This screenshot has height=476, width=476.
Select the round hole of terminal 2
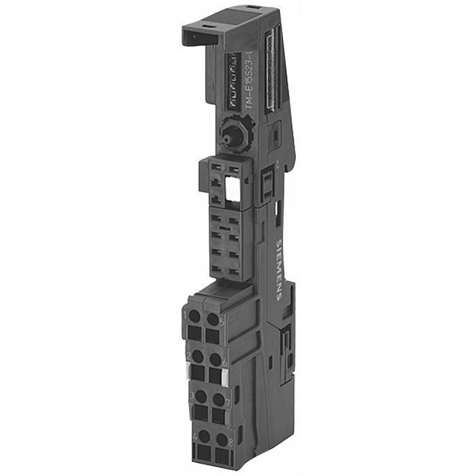(x=199, y=356)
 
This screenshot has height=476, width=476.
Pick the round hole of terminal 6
(x=216, y=358)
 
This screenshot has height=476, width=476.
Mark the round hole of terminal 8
(x=219, y=435)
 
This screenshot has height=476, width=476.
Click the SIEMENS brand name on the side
(x=278, y=269)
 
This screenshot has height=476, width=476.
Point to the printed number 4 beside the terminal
(x=196, y=435)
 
